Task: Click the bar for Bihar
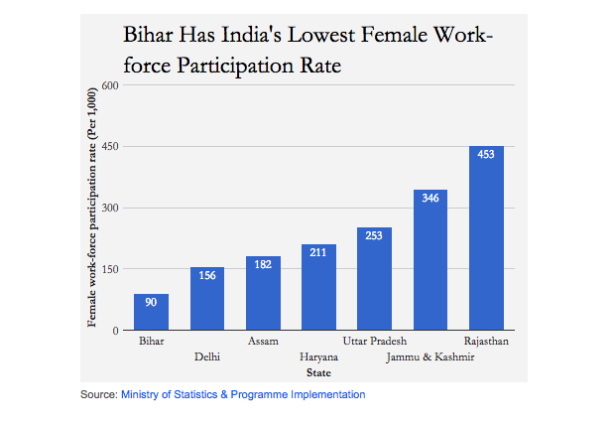151,312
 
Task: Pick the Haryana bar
318,287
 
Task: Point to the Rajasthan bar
486,238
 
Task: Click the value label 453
486,155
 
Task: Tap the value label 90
151,302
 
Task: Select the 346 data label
430,199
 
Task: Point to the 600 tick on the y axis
110,85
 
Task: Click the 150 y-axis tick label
110,269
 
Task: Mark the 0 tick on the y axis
115,331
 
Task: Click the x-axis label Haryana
318,356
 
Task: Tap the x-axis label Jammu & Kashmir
430,356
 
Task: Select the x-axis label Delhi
207,356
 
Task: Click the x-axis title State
318,372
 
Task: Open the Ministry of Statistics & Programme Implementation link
243,395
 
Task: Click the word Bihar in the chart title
149,36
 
